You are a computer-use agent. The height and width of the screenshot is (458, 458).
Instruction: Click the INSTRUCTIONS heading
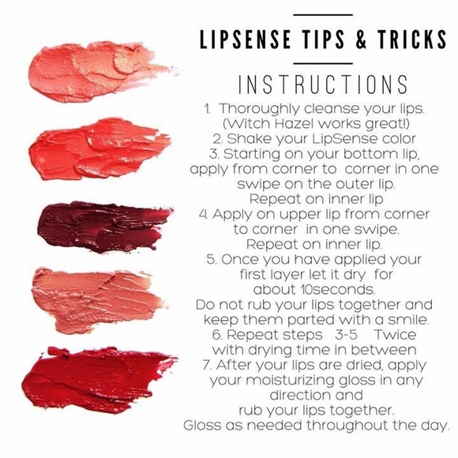point(323,84)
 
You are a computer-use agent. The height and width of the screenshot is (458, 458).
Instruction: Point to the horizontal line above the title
point(322,15)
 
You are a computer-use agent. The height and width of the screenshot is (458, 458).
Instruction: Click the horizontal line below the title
point(322,63)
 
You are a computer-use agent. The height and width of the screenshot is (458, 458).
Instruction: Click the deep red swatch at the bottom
point(99,378)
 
